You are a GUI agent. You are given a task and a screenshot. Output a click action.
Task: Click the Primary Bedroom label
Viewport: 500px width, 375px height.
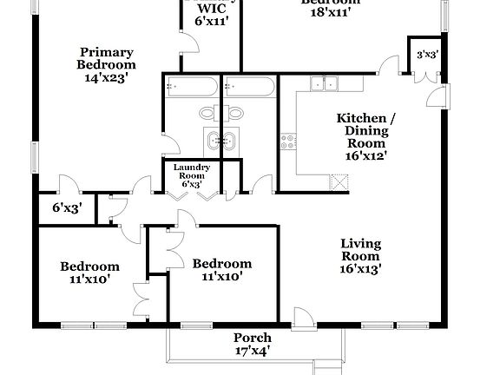(x=106, y=58)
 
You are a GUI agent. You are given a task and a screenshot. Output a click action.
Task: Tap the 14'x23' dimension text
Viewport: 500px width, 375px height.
(x=106, y=77)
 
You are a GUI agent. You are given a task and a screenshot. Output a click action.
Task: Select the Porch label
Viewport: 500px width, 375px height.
(x=253, y=338)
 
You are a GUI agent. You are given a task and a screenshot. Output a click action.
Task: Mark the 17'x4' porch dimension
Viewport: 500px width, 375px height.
(x=253, y=351)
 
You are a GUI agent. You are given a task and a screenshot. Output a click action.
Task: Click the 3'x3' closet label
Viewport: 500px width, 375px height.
(x=426, y=55)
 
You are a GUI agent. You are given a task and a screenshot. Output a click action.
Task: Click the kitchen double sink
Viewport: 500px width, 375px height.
(x=326, y=83)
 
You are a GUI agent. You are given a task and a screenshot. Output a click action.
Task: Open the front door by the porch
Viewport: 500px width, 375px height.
(x=299, y=317)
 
